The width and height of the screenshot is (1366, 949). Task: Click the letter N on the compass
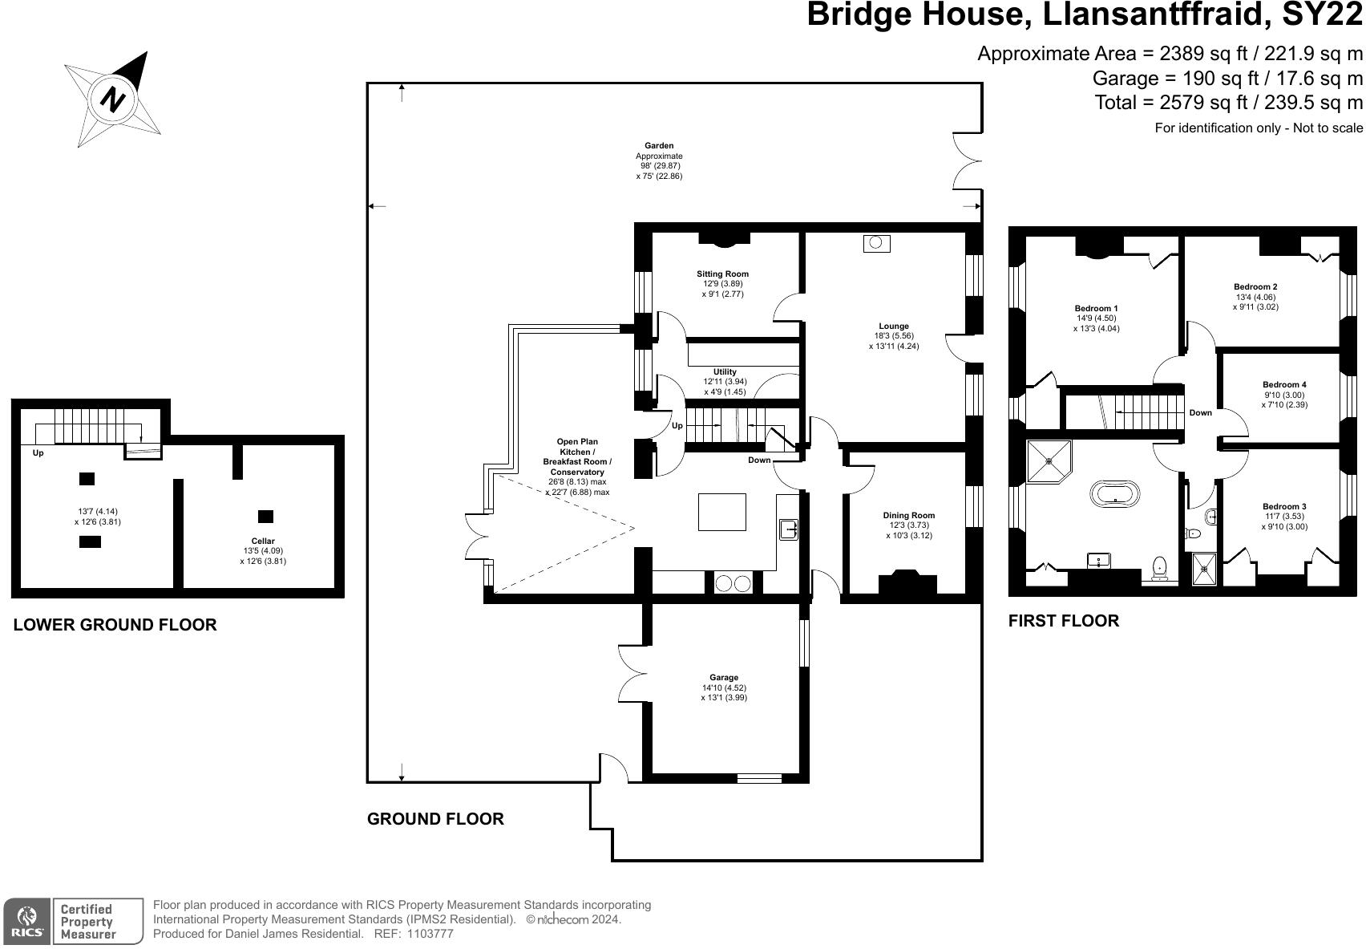point(112,99)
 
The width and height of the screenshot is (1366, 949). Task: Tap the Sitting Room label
point(722,274)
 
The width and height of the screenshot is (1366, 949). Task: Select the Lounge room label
point(894,326)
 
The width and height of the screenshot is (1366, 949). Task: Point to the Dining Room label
point(908,515)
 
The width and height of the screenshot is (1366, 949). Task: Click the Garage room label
point(724,677)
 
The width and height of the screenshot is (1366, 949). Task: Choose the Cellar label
point(263,541)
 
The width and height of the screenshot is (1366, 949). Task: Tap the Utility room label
point(725,371)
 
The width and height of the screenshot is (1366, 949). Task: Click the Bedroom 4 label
point(1284,384)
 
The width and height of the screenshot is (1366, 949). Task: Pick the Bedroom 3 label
point(1284,506)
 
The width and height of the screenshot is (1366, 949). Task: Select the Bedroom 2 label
point(1255,287)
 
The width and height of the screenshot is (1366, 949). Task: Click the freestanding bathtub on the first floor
point(1115,494)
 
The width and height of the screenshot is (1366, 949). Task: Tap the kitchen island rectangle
point(722,512)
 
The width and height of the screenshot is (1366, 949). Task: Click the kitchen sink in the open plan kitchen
point(789,529)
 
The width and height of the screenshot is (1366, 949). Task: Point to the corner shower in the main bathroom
point(1049,460)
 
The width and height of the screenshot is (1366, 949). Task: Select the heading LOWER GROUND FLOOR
point(115,625)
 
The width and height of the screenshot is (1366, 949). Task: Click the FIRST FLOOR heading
point(1064,621)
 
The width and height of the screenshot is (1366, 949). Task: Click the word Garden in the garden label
point(659,146)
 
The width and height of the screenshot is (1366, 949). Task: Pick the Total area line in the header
point(1228,103)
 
